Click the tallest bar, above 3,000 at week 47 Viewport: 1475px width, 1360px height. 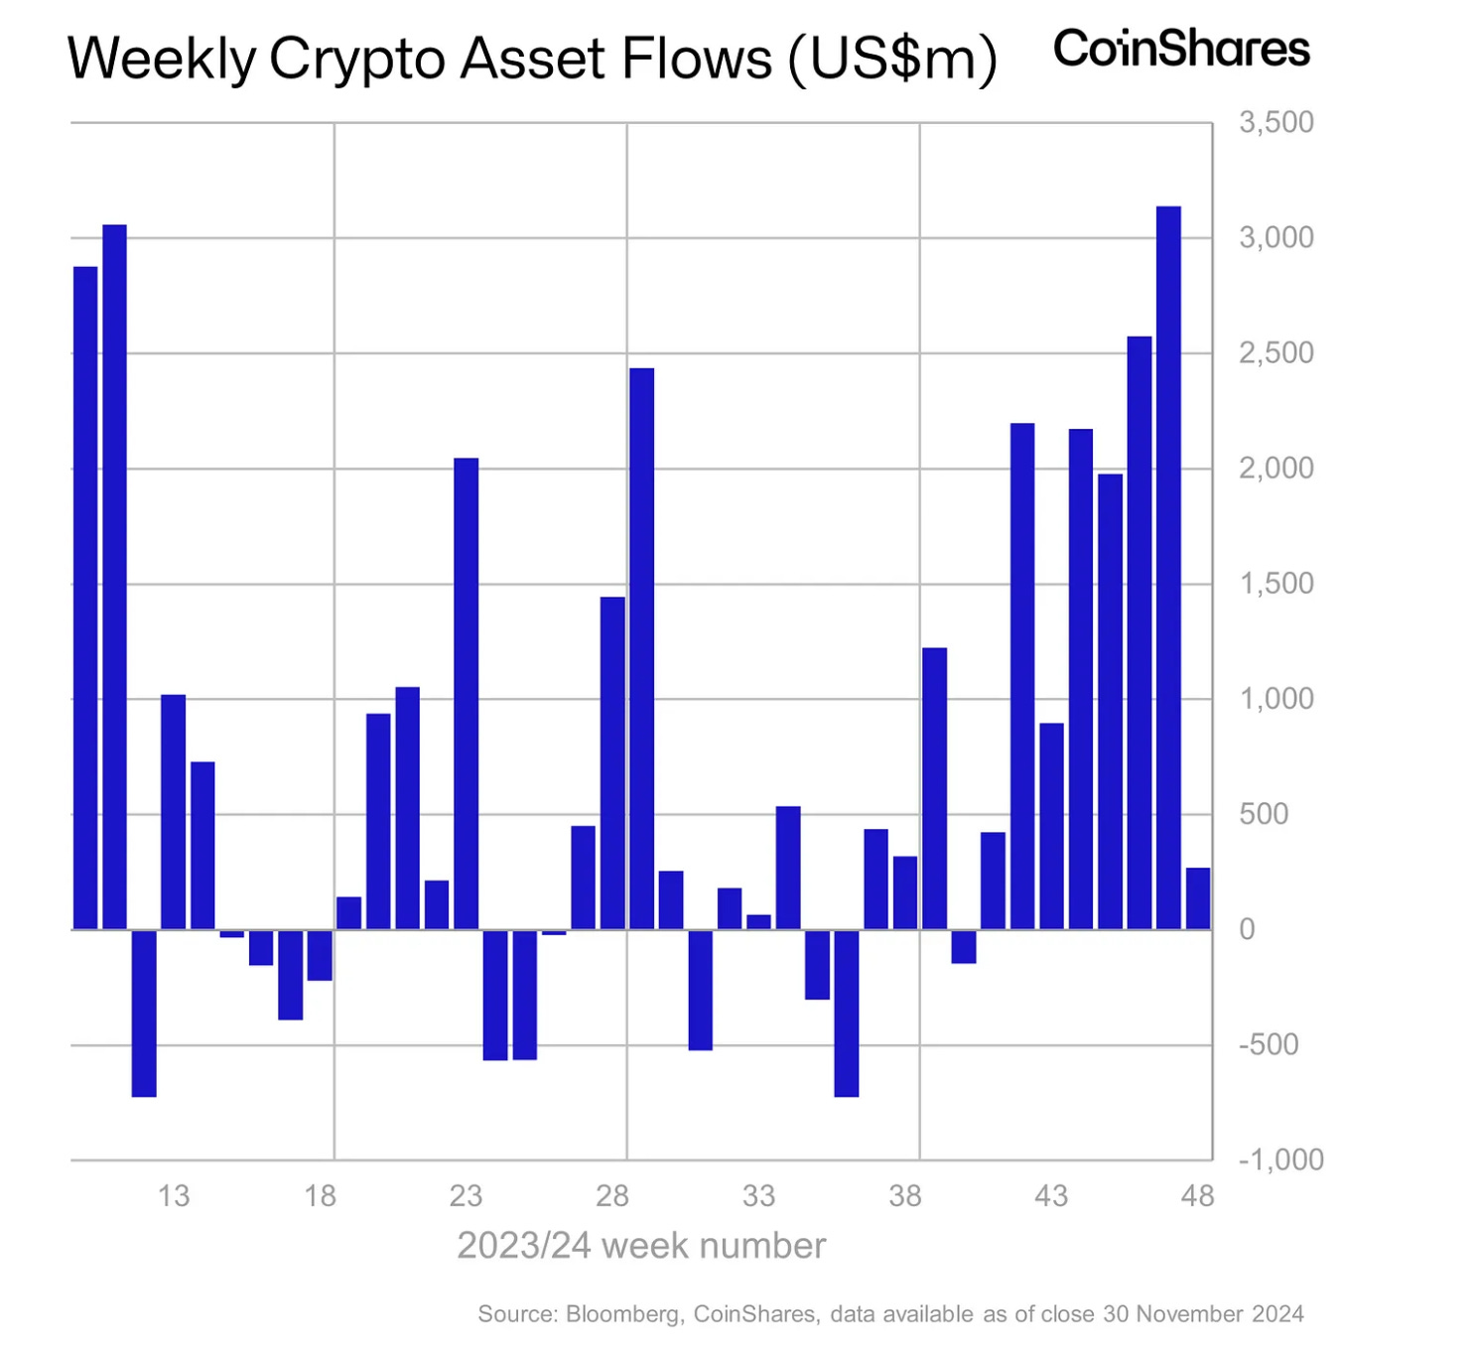click(x=1168, y=567)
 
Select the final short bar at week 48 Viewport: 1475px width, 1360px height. click(x=1198, y=898)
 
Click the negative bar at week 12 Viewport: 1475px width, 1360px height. click(x=144, y=1013)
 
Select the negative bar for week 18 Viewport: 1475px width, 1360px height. click(x=320, y=955)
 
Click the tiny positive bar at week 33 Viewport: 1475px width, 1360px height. click(x=758, y=922)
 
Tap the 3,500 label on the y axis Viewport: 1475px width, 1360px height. click(x=1275, y=123)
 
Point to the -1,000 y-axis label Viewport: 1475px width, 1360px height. click(x=1280, y=1159)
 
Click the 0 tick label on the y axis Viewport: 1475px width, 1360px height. click(x=1247, y=930)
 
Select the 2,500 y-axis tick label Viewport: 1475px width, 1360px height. click(x=1275, y=353)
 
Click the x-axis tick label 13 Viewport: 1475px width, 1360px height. click(x=174, y=1196)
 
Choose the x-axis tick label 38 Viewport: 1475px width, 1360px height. click(x=904, y=1196)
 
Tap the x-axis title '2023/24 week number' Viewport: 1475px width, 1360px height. click(x=640, y=1246)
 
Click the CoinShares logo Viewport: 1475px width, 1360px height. click(x=1180, y=49)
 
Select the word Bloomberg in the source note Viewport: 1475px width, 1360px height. click(x=622, y=1314)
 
